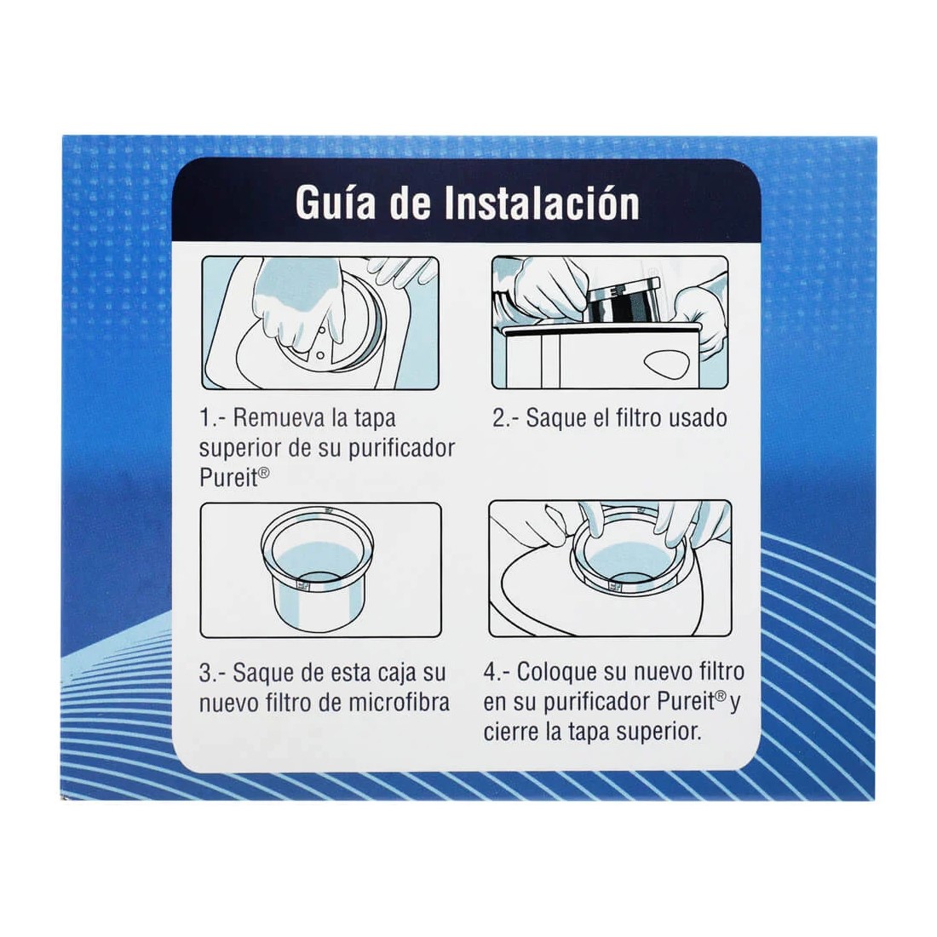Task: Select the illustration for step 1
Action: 320,323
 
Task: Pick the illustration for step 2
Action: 610,323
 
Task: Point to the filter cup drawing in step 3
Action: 320,566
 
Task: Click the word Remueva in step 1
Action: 277,418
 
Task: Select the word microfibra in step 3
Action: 400,703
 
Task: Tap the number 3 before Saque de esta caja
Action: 206,673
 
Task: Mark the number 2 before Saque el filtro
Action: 499,418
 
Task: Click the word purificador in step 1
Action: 401,448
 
